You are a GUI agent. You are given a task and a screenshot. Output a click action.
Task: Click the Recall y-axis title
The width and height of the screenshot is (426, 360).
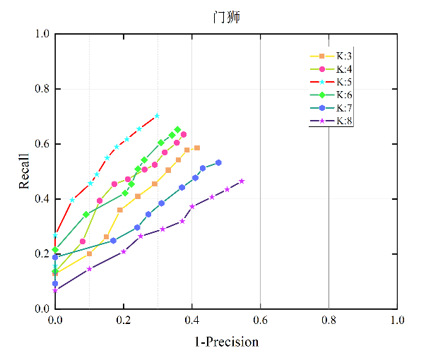25,172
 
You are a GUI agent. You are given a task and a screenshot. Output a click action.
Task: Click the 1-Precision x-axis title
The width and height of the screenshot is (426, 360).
226,342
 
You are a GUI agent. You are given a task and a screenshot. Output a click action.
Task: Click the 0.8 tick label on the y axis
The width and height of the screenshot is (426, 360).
42,89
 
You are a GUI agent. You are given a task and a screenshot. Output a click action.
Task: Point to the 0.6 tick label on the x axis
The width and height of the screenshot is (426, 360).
260,320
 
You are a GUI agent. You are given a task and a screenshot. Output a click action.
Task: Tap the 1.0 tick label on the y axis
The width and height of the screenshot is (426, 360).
42,34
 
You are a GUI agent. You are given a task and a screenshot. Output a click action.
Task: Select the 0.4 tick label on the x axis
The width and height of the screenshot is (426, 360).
192,320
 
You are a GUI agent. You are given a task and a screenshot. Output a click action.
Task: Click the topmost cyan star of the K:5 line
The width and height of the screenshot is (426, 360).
157,116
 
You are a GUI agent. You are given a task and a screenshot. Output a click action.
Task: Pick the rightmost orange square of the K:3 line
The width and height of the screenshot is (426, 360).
197,148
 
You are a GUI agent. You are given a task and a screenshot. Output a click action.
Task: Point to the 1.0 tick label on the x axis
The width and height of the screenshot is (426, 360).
397,320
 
